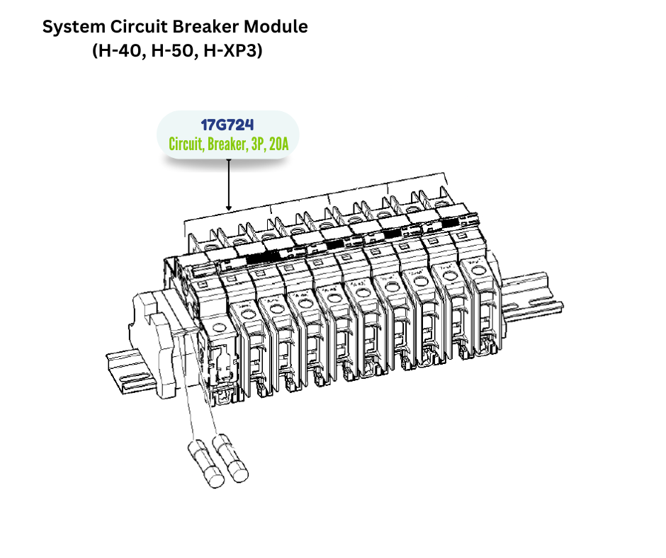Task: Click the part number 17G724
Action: click(227, 125)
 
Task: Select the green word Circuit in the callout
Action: click(186, 144)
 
